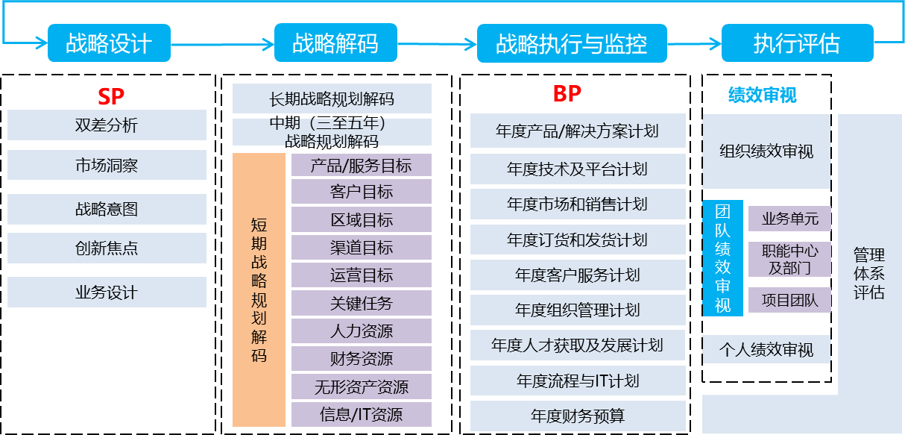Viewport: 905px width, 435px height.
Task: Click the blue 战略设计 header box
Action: coord(109,43)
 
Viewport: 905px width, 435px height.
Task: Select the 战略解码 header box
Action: coord(335,43)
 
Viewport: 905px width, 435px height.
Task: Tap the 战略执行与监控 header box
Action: coord(571,43)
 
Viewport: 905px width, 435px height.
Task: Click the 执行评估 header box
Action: coord(797,43)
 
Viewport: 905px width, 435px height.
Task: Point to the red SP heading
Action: coord(111,96)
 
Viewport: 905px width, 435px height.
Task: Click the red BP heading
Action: coord(567,94)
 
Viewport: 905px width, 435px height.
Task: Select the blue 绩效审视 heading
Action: coord(762,95)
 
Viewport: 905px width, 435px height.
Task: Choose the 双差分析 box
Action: coord(107,125)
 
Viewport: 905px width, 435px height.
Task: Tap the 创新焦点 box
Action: coord(107,248)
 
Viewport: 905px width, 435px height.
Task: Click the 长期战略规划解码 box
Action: coord(332,98)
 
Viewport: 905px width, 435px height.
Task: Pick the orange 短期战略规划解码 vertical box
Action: coord(259,290)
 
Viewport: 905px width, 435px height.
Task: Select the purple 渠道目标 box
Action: coord(362,248)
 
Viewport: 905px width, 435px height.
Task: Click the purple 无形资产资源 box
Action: coord(362,387)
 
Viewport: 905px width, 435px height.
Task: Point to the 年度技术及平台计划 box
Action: coord(578,169)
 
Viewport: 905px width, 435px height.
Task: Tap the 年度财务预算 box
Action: coord(578,416)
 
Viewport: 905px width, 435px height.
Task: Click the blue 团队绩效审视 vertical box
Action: coord(722,257)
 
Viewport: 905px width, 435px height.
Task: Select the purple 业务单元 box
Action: coord(789,219)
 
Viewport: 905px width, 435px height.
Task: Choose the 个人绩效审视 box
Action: coord(766,349)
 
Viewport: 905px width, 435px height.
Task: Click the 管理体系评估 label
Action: coord(869,273)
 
